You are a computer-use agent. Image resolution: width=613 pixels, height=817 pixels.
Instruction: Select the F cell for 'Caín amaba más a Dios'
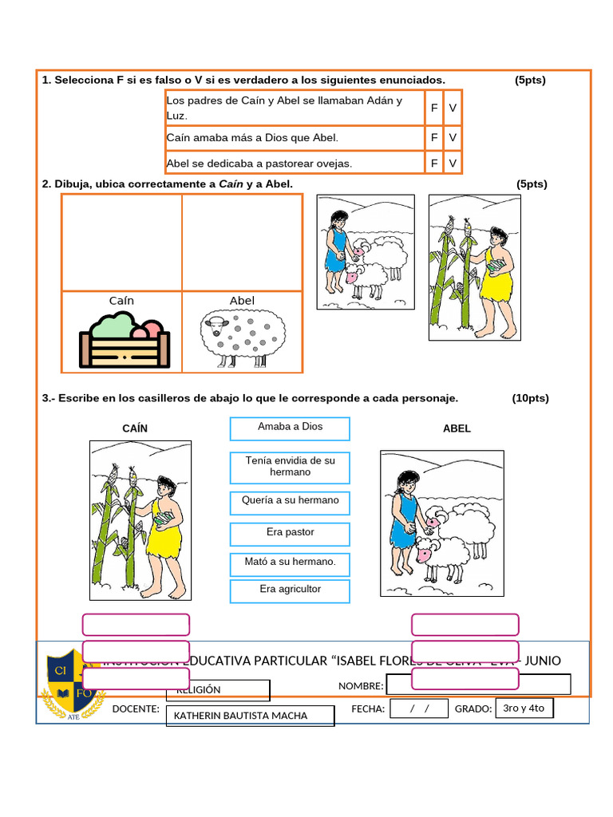tap(434, 138)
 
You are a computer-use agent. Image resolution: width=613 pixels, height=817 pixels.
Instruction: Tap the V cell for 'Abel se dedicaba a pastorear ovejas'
tap(453, 164)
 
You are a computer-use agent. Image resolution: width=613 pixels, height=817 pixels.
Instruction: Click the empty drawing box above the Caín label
tap(122, 243)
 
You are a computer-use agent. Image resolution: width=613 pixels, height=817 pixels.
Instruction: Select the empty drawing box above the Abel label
tap(242, 243)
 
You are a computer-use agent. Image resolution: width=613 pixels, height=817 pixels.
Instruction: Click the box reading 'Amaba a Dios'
tap(290, 428)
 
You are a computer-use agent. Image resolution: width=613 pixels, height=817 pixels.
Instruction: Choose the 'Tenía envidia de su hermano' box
tap(290, 468)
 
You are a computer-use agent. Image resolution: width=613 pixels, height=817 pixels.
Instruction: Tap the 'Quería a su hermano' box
tap(290, 503)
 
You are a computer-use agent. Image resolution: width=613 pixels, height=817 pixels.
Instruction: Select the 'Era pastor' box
tap(290, 534)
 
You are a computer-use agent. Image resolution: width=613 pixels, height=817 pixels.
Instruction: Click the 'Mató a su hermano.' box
tap(290, 564)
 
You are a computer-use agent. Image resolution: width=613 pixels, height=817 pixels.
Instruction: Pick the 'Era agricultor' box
tap(290, 591)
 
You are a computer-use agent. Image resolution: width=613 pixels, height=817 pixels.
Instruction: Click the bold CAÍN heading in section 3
tap(135, 428)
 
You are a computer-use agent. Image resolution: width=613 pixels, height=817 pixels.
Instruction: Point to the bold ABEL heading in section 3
tap(457, 428)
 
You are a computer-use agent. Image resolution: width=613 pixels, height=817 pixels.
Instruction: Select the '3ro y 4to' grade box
tap(524, 708)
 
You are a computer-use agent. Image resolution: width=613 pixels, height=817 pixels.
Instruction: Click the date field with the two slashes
tap(418, 708)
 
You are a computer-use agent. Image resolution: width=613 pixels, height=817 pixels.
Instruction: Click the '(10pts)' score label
tap(530, 398)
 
